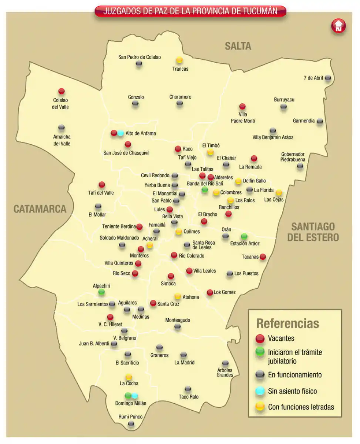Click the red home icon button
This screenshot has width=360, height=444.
pyautogui.click(x=338, y=26)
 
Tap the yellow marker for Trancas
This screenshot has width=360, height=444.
pyautogui.click(x=179, y=60)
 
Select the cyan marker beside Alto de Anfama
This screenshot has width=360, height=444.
pyautogui.click(x=121, y=133)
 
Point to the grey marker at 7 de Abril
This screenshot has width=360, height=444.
pyautogui.click(x=328, y=78)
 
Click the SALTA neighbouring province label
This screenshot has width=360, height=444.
pyautogui.click(x=238, y=46)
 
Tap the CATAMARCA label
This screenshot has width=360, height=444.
pyautogui.click(x=40, y=209)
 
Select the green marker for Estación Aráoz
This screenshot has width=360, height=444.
pyautogui.click(x=244, y=236)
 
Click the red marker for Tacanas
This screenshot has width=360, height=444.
pyautogui.click(x=263, y=256)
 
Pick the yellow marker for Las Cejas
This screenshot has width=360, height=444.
pyautogui.click(x=279, y=192)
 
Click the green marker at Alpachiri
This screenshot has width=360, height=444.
pyautogui.click(x=101, y=292)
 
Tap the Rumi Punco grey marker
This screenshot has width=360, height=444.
pyautogui.click(x=131, y=424)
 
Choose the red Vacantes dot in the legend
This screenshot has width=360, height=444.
pyautogui.click(x=260, y=338)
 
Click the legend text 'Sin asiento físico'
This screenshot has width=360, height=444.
pyautogui.click(x=292, y=391)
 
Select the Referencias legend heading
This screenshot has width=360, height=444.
pyautogui.click(x=287, y=323)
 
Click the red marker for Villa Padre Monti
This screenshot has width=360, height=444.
pyautogui.click(x=242, y=107)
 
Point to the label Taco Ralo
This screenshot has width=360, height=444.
pyautogui.click(x=189, y=397)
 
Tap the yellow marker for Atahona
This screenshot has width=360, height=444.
pyautogui.click(x=178, y=296)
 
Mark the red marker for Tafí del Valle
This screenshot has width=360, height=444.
pyautogui.click(x=102, y=184)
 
